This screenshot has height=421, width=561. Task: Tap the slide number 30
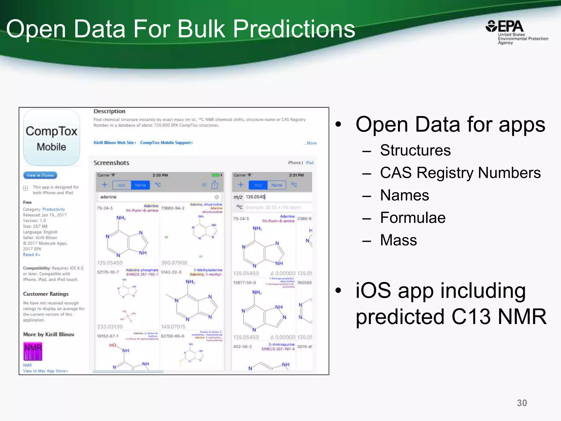point(522,403)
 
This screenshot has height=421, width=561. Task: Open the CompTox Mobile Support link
point(166,143)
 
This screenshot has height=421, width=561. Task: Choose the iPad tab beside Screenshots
point(310,163)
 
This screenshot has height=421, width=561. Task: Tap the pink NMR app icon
point(33,351)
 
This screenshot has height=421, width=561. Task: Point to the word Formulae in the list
point(413,218)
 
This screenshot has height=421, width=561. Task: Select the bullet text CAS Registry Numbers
point(460,173)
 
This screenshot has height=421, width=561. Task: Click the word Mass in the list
point(398,240)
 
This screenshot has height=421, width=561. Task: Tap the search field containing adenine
point(156,197)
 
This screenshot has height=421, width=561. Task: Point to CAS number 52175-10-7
point(108,272)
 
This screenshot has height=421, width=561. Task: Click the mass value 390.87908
point(174,263)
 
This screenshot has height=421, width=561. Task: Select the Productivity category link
point(54,209)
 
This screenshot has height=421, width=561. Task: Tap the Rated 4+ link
point(32,255)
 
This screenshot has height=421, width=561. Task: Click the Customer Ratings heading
point(46,294)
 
